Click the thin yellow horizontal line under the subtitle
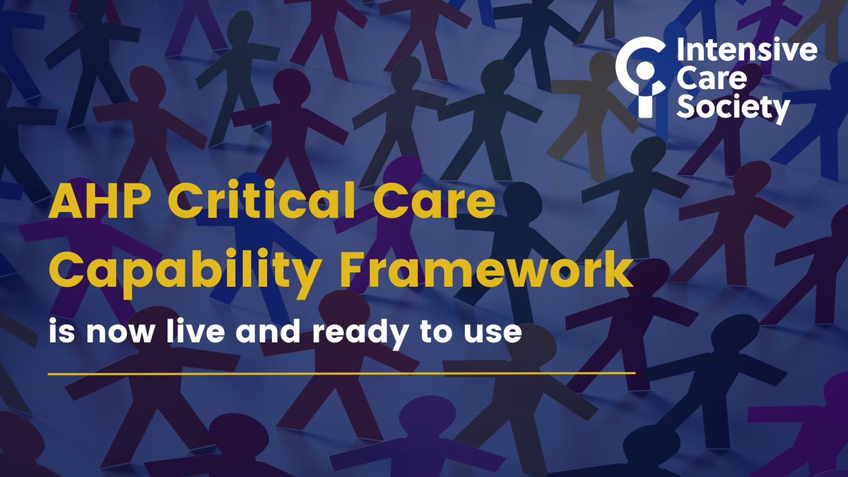click(x=342, y=371)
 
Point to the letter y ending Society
click(x=781, y=112)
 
